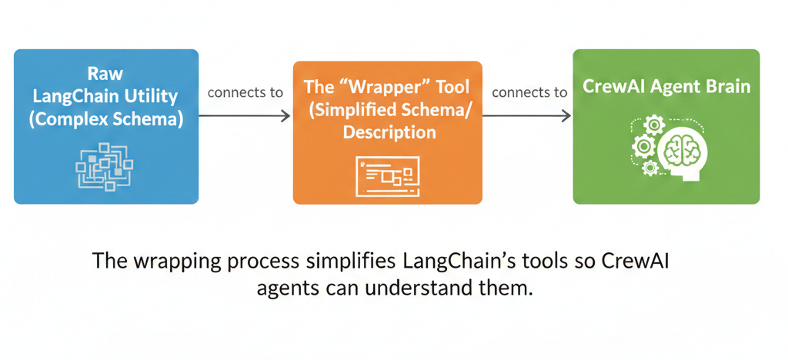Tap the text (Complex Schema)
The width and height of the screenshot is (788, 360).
pyautogui.click(x=106, y=119)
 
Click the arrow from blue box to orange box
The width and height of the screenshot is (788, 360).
pyautogui.click(x=245, y=115)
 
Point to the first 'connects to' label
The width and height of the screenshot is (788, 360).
pyautogui.click(x=245, y=92)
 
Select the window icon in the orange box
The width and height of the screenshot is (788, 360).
pyautogui.click(x=387, y=175)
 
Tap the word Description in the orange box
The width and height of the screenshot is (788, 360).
pyautogui.click(x=389, y=132)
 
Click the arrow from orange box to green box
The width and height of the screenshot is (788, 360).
pyautogui.click(x=527, y=115)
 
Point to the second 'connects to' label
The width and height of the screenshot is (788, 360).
pyautogui.click(x=529, y=92)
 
